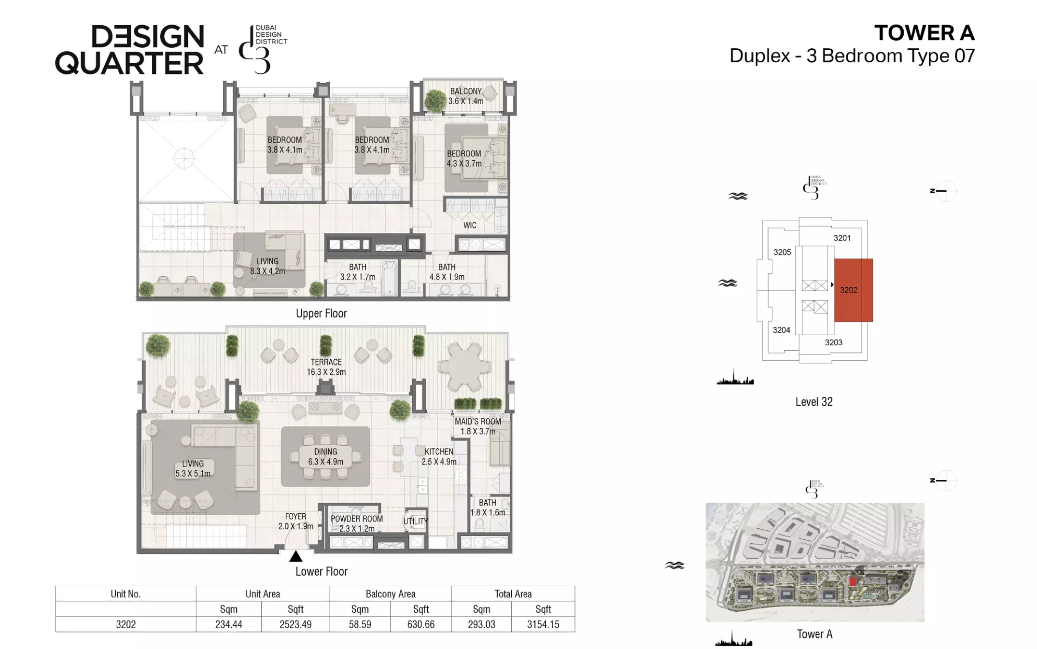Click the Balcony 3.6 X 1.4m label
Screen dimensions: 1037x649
point(466,96)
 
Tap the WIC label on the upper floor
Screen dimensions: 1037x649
point(470,226)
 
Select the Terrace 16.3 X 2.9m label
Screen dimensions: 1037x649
point(326,367)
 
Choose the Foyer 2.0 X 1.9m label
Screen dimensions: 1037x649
point(295,522)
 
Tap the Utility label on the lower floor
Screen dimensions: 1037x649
point(416,522)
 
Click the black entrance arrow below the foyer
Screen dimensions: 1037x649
point(295,557)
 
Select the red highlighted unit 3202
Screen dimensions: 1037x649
point(854,290)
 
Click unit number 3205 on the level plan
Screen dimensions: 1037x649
point(782,252)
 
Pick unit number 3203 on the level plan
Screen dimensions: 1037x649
point(834,342)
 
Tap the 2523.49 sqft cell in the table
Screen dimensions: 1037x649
point(295,624)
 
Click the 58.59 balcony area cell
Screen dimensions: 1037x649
point(360,624)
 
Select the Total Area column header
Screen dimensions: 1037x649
point(513,594)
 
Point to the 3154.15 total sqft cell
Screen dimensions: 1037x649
point(543,624)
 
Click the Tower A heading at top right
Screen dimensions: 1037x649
point(925,33)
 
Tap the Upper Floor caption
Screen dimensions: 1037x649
point(322,313)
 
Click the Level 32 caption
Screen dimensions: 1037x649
point(814,402)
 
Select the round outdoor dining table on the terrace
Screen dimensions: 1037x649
point(464,367)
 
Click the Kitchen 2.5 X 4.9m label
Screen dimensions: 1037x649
point(439,456)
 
